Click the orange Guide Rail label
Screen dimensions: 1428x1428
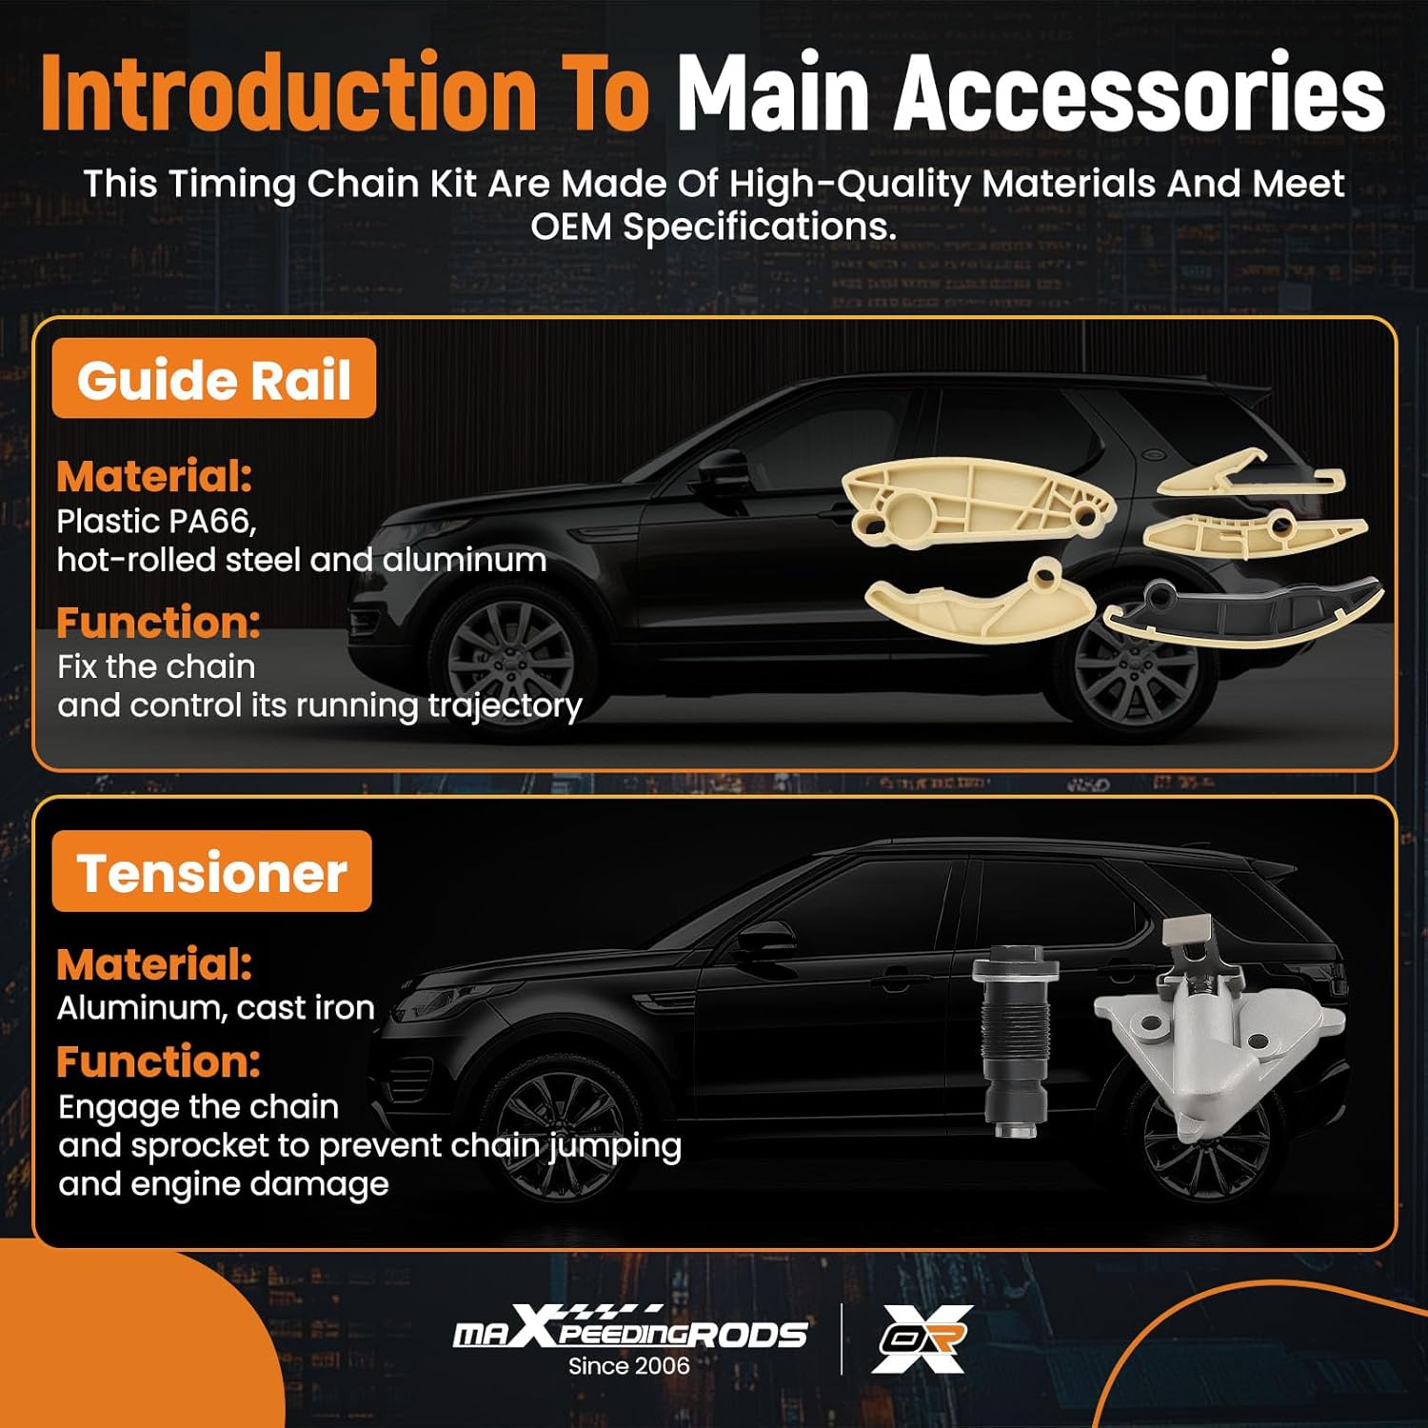click(214, 378)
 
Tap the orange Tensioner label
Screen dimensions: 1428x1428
click(211, 871)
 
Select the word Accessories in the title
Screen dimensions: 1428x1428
click(1139, 93)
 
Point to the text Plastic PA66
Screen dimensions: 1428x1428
click(156, 522)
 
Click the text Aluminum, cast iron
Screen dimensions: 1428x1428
click(216, 1008)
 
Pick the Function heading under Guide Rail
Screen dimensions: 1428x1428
click(158, 623)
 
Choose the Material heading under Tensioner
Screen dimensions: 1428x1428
click(154, 964)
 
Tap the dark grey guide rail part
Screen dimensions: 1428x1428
click(1243, 613)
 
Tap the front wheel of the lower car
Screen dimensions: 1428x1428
click(563, 1134)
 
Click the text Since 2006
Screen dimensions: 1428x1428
click(628, 1366)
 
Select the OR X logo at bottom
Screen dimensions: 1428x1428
click(922, 1339)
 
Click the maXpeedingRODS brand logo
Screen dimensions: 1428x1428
click(630, 1327)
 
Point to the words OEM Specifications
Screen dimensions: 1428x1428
click(713, 227)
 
